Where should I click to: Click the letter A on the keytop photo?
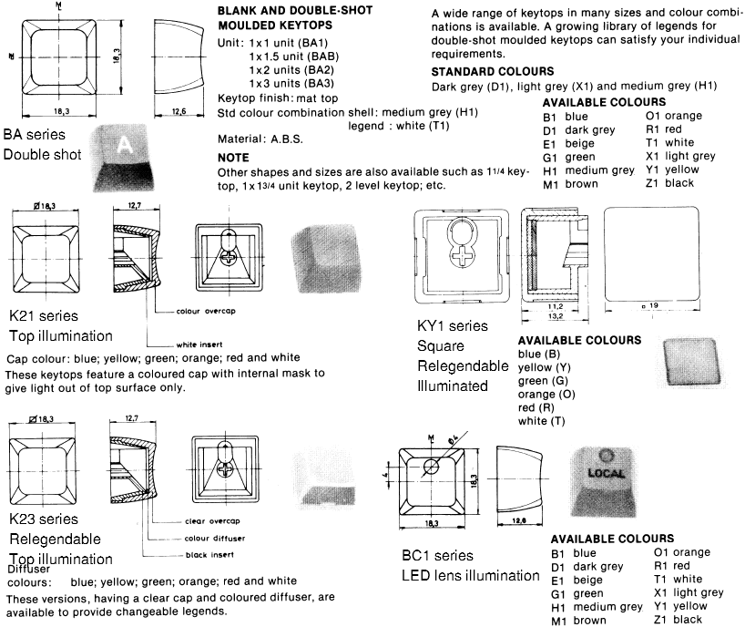126,144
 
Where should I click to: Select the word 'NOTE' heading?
234,158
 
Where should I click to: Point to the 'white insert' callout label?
201,344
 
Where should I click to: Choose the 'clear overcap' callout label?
205,521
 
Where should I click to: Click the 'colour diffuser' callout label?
208,537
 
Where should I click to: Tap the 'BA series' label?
35,133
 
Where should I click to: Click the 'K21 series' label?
42,316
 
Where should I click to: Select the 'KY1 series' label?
452,325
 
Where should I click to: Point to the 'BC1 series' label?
437,555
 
